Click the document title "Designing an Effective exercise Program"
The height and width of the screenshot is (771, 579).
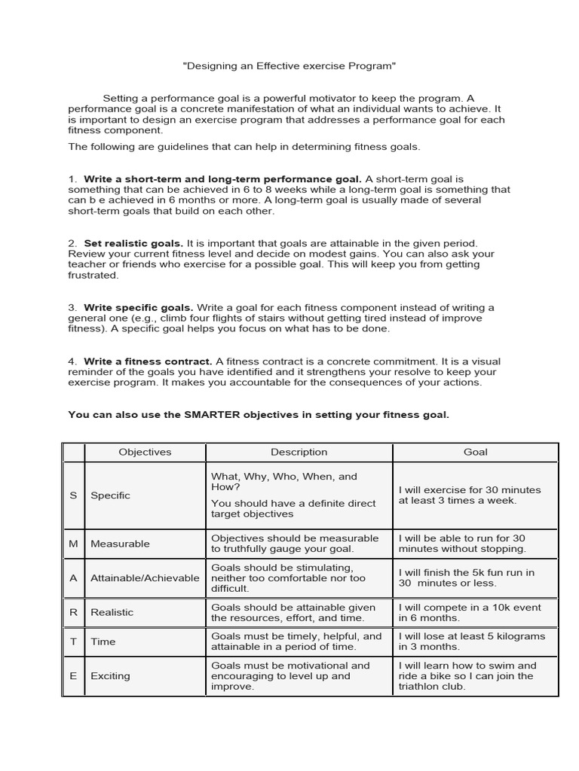[x=289, y=66]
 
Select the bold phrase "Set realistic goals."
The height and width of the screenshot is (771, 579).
[x=133, y=243]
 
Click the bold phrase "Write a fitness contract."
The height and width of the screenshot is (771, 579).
[x=149, y=361]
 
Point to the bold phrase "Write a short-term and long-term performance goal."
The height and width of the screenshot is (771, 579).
[x=222, y=179]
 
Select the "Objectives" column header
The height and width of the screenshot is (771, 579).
[x=145, y=453]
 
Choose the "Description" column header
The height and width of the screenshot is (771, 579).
[x=299, y=453]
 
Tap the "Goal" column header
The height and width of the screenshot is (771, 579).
[x=475, y=453]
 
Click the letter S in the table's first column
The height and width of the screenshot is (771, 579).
[x=73, y=495]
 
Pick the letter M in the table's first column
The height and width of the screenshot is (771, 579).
[x=73, y=544]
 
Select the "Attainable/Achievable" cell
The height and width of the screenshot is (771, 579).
[x=145, y=578]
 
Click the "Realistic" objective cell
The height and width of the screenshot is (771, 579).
[x=112, y=613]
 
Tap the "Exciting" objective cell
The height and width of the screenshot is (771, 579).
[x=110, y=676]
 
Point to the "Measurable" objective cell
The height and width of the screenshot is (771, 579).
[x=120, y=544]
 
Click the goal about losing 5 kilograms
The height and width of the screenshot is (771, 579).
[x=471, y=641]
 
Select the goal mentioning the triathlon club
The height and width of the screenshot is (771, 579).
[x=467, y=676]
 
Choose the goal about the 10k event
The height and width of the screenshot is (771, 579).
[x=470, y=613]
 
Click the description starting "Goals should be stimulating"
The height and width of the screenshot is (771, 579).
[x=288, y=578]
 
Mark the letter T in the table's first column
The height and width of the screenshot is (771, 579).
[x=73, y=641]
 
